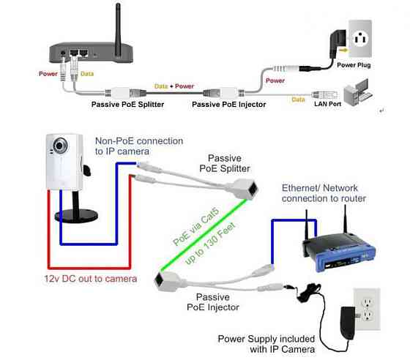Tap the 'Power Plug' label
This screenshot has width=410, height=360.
pos(354,65)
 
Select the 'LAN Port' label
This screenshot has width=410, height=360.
pos(328,104)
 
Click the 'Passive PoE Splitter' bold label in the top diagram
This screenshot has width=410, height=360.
pos(127,105)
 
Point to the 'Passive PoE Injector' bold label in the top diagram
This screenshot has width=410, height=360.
pos(228,105)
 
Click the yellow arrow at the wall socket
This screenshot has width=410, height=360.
pos(343,50)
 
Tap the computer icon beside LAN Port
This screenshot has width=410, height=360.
pos(358,92)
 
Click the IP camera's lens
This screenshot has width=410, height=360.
pos(60,145)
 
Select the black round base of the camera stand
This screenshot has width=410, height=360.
pos(76,216)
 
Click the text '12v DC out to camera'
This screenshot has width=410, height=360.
pos(91,279)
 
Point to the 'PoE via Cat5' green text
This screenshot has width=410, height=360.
pos(195,227)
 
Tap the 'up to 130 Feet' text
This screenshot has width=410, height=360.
pos(211,244)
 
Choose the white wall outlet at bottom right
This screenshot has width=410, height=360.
pos(367,309)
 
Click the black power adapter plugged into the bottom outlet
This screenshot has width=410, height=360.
pos(348,323)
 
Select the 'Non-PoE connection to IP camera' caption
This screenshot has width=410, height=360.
pos(139,146)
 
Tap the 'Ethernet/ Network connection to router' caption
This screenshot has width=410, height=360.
pos(324,193)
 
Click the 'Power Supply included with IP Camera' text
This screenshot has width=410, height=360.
pos(266,344)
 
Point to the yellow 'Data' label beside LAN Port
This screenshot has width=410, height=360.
pos(298,100)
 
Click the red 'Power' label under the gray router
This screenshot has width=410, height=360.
pos(48,74)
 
